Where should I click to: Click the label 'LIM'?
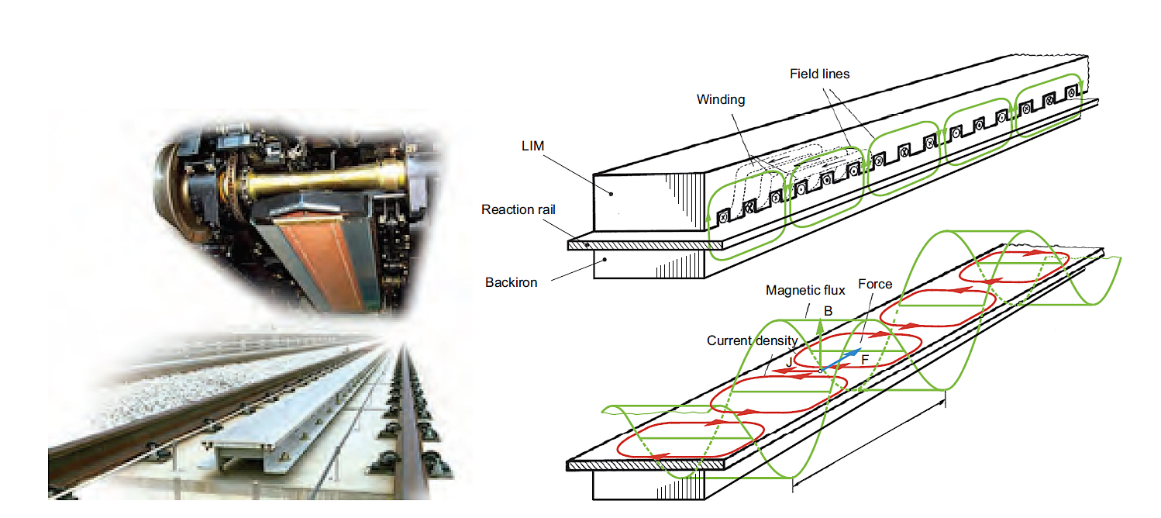coord(534,147)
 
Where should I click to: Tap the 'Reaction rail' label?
coord(518,209)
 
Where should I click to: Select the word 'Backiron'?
coord(511,282)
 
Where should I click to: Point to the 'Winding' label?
coord(720,99)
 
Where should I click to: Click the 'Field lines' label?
coord(819,74)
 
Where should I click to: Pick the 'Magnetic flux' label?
coord(804,290)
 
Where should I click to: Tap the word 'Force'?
coord(875,284)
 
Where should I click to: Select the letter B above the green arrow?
coord(828,311)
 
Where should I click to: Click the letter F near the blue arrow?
coord(866,360)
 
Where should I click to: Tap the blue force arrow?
coord(841,360)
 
